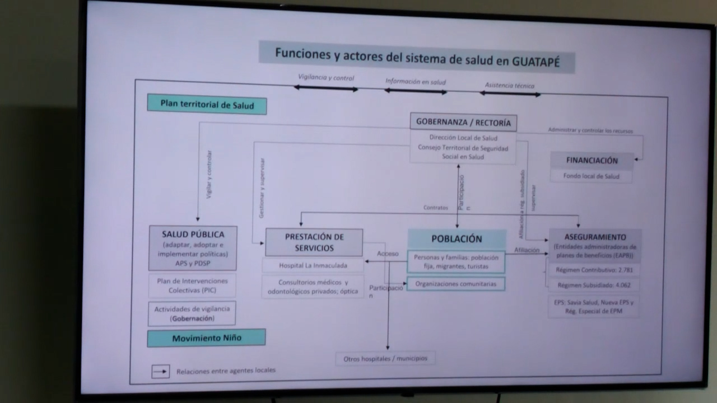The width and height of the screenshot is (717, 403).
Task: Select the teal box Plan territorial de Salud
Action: coord(207,105)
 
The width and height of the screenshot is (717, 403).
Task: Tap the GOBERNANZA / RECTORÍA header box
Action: coord(463,122)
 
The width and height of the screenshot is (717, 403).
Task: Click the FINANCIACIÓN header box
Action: coord(592,161)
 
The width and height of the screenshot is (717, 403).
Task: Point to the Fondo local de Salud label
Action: coord(592,176)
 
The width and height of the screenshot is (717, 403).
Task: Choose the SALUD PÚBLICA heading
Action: coord(193,235)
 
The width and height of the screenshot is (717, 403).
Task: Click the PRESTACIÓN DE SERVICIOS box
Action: coord(314,242)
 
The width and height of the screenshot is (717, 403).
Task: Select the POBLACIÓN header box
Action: coord(457,239)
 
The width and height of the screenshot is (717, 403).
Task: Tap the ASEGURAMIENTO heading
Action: coord(595,237)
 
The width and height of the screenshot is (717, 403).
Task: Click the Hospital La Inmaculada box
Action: coord(313,265)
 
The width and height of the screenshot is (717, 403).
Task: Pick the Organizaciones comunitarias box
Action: coord(455,284)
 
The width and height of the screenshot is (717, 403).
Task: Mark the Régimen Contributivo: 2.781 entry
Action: coord(594,270)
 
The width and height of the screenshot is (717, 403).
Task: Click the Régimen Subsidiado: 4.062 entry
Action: coord(594,285)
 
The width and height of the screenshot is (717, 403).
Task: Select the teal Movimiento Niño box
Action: coord(206,338)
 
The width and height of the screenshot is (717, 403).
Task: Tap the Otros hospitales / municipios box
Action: coord(385,358)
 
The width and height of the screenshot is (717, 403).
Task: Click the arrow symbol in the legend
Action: coord(160,371)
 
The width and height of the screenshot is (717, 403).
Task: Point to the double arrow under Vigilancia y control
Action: coord(326,88)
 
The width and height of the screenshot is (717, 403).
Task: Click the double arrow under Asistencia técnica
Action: coord(510,93)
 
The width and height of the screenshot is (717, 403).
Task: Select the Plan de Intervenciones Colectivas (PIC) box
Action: coord(193,285)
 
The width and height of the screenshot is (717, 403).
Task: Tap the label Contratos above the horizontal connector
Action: coord(435,208)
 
